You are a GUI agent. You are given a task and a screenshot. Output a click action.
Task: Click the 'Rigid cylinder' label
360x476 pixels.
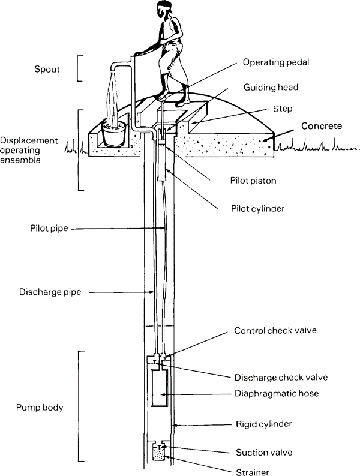[263, 424]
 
